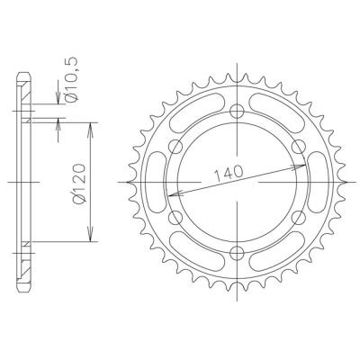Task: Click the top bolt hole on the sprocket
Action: tap(238, 112)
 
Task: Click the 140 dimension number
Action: tap(231, 172)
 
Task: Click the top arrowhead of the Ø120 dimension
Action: tap(89, 128)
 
